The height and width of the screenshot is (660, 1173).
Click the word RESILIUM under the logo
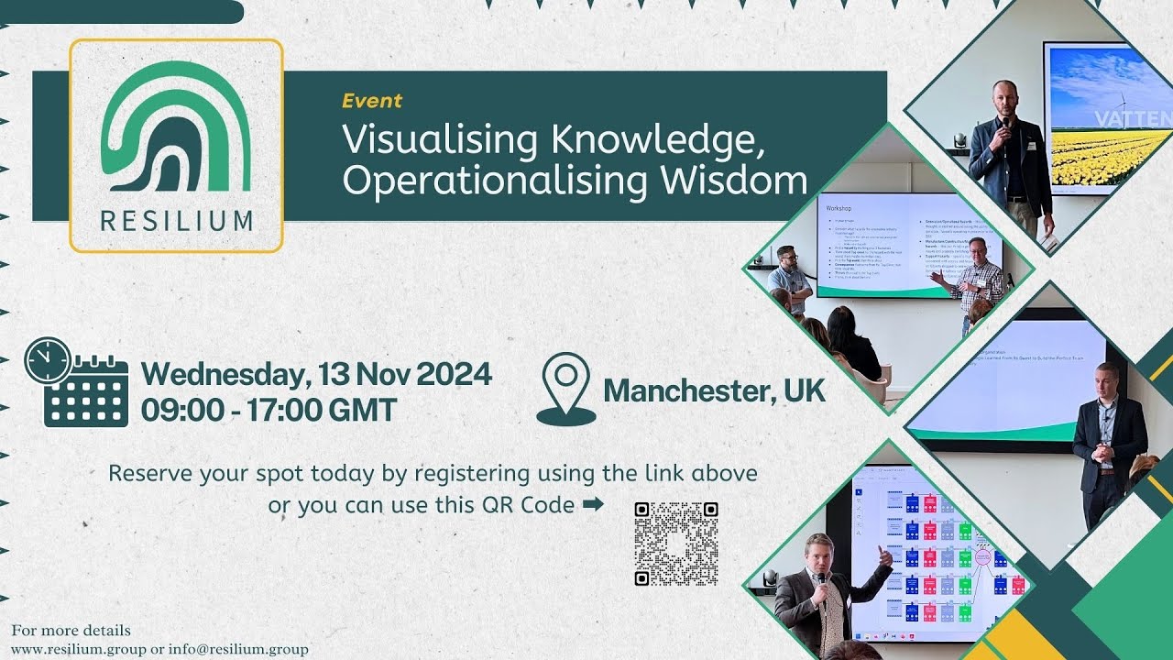[x=176, y=221]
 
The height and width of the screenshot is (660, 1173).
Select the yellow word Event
[x=372, y=101]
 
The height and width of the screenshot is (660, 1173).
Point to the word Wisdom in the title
[x=734, y=181]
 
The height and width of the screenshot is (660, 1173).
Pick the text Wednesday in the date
[x=224, y=374]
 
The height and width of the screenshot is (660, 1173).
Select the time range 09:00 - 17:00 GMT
[x=269, y=409]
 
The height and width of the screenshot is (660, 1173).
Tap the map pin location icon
[x=565, y=389]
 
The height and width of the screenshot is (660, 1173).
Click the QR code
[x=676, y=544]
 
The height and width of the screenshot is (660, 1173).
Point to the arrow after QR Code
[x=593, y=503]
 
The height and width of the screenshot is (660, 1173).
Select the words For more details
[x=71, y=631]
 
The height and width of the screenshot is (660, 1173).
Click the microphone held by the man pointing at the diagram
[x=821, y=579]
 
